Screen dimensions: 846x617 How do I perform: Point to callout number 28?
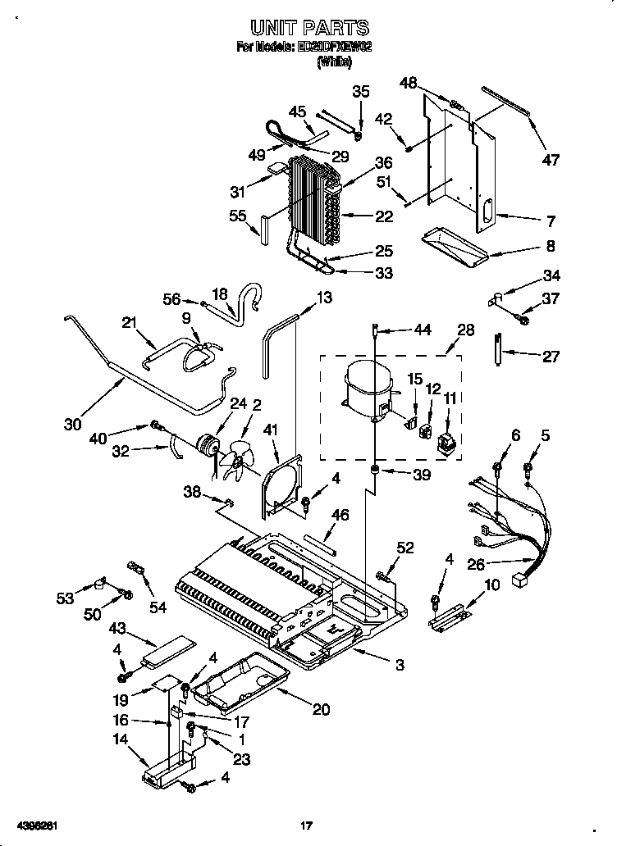pyautogui.click(x=466, y=330)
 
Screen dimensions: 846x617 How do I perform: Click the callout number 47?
pyautogui.click(x=551, y=160)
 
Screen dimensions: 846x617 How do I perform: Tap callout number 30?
pyautogui.click(x=73, y=424)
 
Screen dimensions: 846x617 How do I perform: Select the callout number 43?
pyautogui.click(x=118, y=627)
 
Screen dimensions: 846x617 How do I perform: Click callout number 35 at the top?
pyautogui.click(x=361, y=91)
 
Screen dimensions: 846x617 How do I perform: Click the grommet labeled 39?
pyautogui.click(x=375, y=471)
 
